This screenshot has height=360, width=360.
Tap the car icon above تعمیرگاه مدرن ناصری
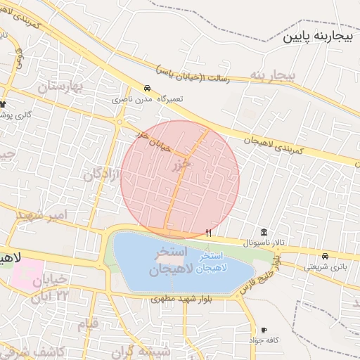tap(146, 89)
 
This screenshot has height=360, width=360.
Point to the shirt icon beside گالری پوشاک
tap(3, 104)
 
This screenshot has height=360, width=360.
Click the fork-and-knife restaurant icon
tap(208, 233)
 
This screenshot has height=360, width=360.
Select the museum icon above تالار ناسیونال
tap(264, 233)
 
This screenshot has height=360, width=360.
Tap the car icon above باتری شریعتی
tap(325, 257)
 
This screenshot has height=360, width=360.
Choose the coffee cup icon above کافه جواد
tap(264, 330)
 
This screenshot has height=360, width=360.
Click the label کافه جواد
tap(264, 340)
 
